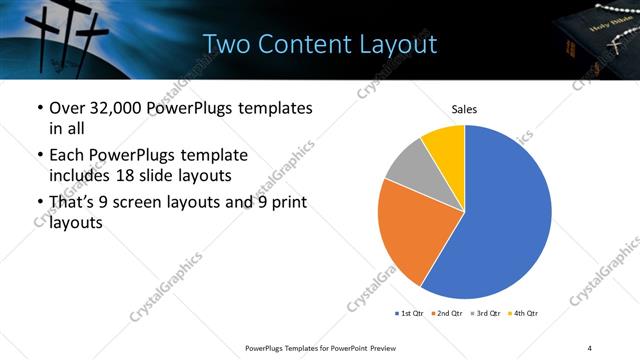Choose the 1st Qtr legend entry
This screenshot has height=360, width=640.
pos(409,313)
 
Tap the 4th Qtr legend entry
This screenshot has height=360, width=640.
pos(523,313)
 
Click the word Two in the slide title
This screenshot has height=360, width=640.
pos(224,45)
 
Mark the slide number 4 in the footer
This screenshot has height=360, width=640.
pos(590,347)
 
